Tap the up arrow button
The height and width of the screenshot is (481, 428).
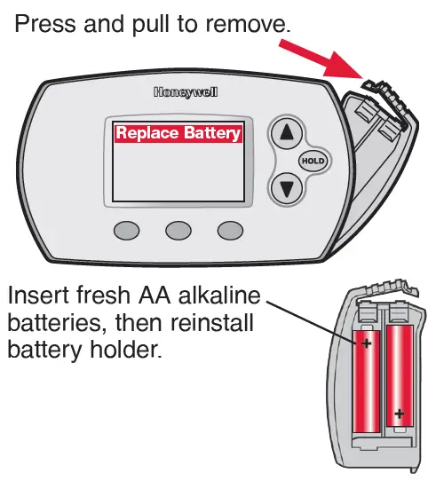click(286, 134)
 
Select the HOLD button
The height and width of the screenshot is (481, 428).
click(312, 161)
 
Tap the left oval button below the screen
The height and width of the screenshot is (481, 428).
click(127, 230)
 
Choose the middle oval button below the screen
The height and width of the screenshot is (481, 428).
click(178, 230)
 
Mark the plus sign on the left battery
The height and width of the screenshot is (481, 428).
click(364, 341)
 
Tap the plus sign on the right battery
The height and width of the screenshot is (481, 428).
click(400, 413)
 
